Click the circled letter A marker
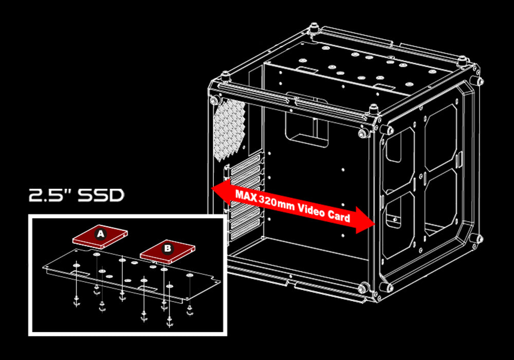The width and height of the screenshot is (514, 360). coord(100,234)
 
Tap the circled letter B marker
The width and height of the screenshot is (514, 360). coord(168,248)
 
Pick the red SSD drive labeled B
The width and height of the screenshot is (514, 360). coord(168,251)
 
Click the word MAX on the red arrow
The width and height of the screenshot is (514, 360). coord(246,196)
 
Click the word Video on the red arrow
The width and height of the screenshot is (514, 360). coord(311,211)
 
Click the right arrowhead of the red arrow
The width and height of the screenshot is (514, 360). coord(365,220)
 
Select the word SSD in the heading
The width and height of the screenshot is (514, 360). coord(101,195)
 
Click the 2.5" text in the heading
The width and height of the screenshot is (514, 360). coord(50,195)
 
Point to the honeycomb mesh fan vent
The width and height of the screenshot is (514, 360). coord(229,130)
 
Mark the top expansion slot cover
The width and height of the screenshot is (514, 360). coord(246,163)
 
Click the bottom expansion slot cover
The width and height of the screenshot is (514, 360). coord(246,230)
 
